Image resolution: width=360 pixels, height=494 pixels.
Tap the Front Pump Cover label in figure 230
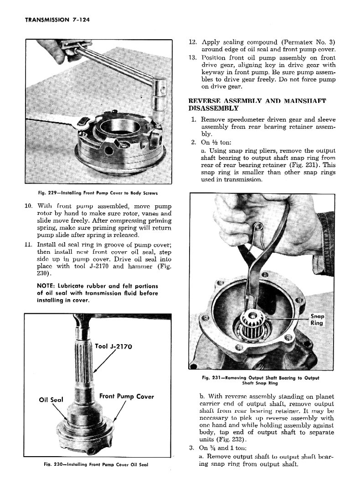(x=126, y=396)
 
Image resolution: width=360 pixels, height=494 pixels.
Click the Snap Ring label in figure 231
(x=317, y=319)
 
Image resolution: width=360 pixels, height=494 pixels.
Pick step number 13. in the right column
(x=192, y=57)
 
